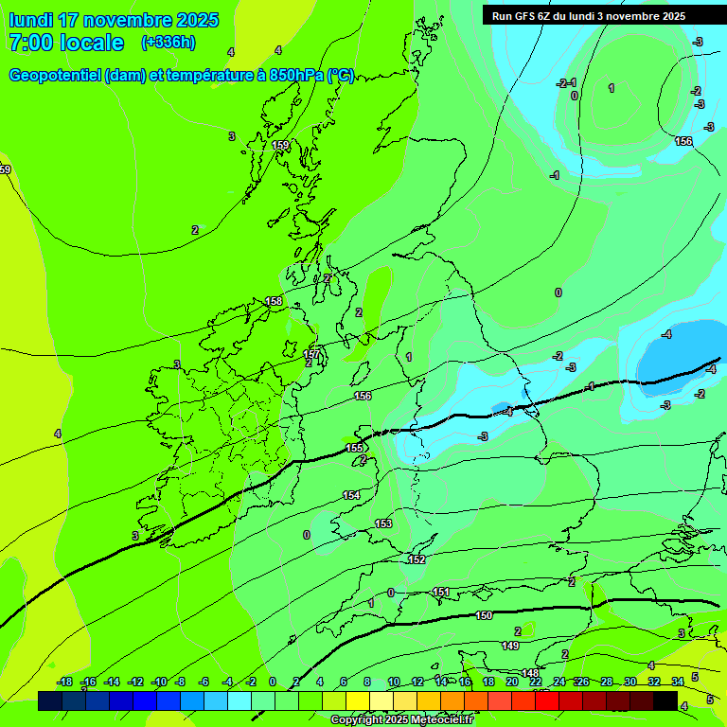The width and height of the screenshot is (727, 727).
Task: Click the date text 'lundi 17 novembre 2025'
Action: click(114, 20)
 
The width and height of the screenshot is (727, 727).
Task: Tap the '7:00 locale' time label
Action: click(65, 43)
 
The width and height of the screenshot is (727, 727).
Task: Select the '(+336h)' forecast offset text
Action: click(168, 43)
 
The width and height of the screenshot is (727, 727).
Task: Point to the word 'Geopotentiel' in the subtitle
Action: click(55, 76)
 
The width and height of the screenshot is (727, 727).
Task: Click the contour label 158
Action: click(274, 301)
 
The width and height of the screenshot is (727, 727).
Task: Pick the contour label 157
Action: click(311, 354)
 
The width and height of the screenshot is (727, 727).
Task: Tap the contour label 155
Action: click(354, 448)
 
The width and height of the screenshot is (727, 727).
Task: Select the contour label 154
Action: click(351, 495)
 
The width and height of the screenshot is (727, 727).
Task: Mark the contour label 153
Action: click(383, 523)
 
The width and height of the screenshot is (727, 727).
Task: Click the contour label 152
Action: click(417, 559)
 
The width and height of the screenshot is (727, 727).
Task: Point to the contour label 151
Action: click(441, 592)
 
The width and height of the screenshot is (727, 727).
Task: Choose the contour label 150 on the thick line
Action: click(484, 615)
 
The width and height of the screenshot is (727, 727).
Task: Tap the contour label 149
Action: click(510, 646)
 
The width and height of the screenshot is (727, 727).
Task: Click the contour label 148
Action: click(530, 673)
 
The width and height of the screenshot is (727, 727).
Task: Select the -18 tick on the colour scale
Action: click(64, 682)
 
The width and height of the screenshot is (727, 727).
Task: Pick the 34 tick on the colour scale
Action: click(678, 682)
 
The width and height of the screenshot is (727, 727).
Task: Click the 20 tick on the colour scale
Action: click(512, 682)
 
